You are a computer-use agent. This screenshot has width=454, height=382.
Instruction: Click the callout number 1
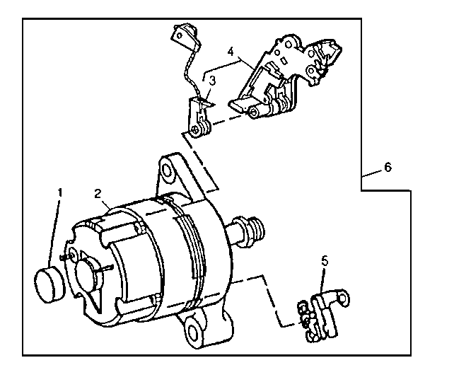(61, 192)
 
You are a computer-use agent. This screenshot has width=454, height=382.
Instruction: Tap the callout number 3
(211, 82)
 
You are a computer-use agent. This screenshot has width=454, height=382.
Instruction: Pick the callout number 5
(325, 260)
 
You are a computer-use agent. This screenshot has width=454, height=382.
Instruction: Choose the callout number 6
(387, 168)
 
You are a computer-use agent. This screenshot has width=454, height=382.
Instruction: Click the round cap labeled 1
(49, 282)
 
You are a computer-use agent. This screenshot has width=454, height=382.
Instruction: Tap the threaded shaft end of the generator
(257, 230)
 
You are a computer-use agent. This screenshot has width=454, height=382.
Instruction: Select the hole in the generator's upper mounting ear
(168, 170)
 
